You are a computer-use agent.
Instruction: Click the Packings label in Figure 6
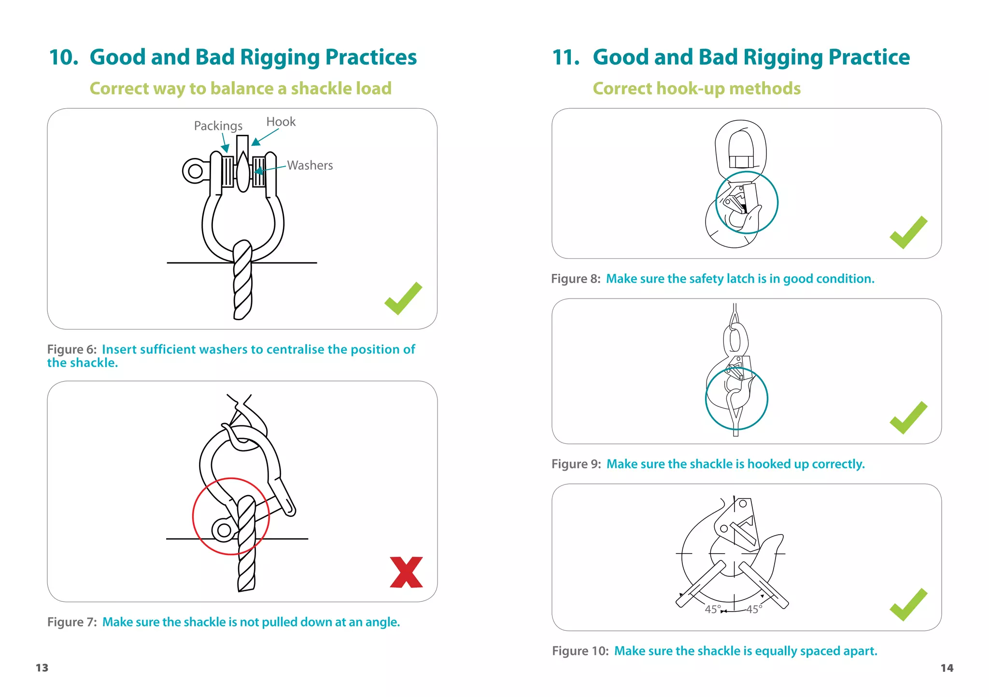(x=218, y=126)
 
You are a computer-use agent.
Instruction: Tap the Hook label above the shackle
(x=281, y=122)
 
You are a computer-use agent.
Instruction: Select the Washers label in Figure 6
(x=310, y=165)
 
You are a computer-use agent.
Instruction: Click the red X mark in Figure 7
(x=406, y=572)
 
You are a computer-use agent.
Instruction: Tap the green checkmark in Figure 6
(x=403, y=299)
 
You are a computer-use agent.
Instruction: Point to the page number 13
(x=42, y=668)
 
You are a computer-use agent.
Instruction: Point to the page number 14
(x=947, y=668)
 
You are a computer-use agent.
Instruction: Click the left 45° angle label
(x=713, y=609)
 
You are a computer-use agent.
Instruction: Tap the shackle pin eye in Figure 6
(x=195, y=171)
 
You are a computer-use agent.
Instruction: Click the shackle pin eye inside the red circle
(x=224, y=530)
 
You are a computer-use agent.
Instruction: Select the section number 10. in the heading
(x=64, y=57)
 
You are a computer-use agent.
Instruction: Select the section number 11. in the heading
(x=566, y=57)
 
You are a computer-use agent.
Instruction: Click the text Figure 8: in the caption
(x=576, y=279)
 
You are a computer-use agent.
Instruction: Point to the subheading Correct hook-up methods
(x=696, y=88)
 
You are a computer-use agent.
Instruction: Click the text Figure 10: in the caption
(x=580, y=651)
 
